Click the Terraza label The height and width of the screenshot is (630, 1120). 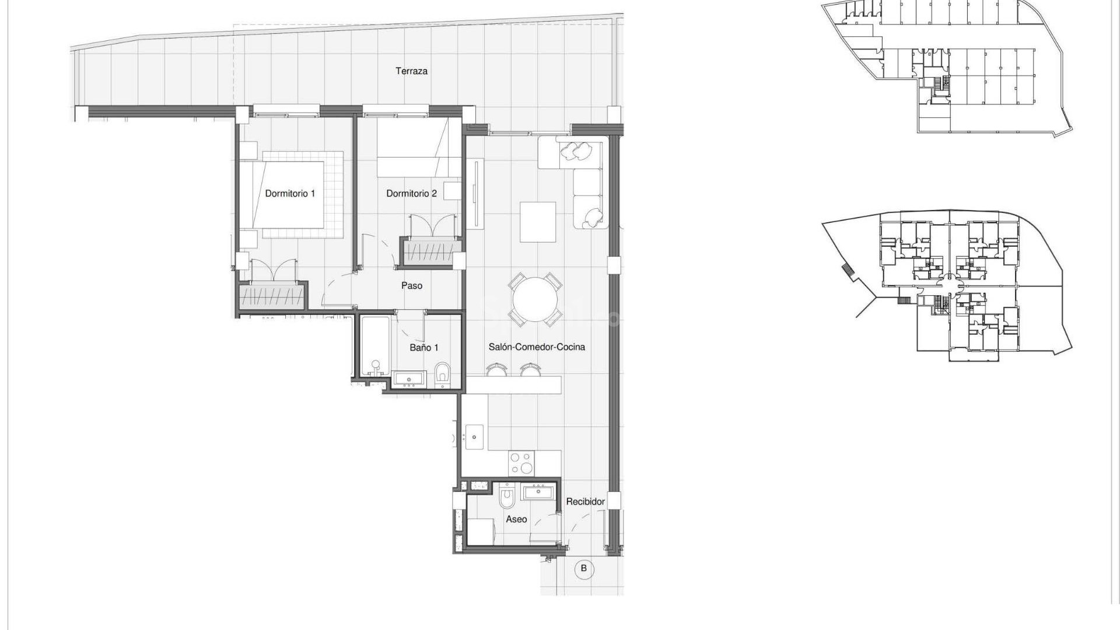pyautogui.click(x=411, y=71)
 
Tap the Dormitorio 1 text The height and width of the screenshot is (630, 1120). pyautogui.click(x=290, y=193)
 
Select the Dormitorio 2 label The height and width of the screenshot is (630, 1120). pyautogui.click(x=411, y=193)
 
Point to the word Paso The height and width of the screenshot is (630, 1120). pyautogui.click(x=411, y=285)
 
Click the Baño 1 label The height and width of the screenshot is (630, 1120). pyautogui.click(x=423, y=347)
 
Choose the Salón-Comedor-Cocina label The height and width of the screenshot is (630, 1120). pyautogui.click(x=536, y=346)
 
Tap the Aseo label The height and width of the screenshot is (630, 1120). pyautogui.click(x=516, y=519)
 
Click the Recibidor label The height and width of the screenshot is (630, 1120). pyautogui.click(x=585, y=501)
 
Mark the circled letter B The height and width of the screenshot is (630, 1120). pyautogui.click(x=583, y=569)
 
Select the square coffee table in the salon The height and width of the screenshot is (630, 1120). pyautogui.click(x=538, y=222)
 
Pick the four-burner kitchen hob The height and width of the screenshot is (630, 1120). pyautogui.click(x=521, y=464)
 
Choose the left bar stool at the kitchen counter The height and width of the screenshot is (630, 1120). pyautogui.click(x=496, y=370)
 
